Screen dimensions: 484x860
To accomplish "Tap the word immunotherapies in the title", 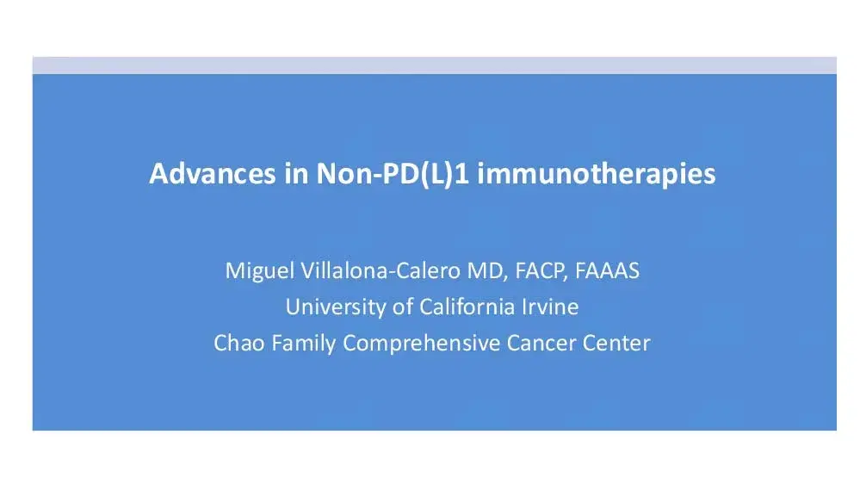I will coord(596,175).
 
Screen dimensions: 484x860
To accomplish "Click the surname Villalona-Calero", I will coord(374,271).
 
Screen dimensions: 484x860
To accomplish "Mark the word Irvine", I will coord(548,307).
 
